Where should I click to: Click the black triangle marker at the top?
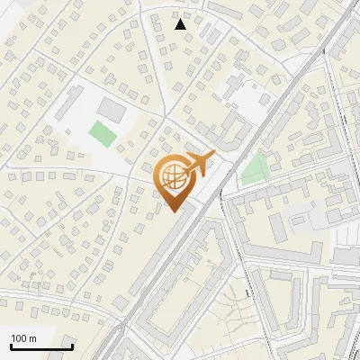pos(181,24)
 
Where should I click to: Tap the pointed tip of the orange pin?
pos(173,211)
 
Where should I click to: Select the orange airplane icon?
pos(199,164)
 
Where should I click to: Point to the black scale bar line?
pos(41,346)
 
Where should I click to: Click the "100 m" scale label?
pos(23,338)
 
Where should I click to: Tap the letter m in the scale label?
pos(32,338)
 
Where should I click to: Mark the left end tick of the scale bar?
pos(11,345)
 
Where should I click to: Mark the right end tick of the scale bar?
pos(72,345)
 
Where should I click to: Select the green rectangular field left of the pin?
pos(102,134)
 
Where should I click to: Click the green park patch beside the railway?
pos(256,167)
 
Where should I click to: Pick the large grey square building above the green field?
pos(112,110)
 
